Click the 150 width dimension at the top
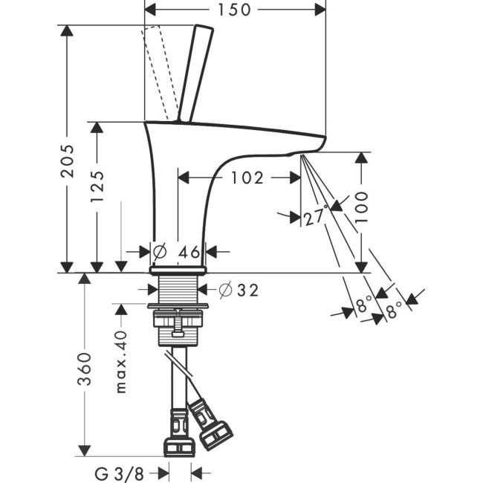coord(234,10)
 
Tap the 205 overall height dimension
coord(68,172)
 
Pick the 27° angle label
coord(315,217)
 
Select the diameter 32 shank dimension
coord(239,291)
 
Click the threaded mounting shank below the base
coord(176,291)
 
